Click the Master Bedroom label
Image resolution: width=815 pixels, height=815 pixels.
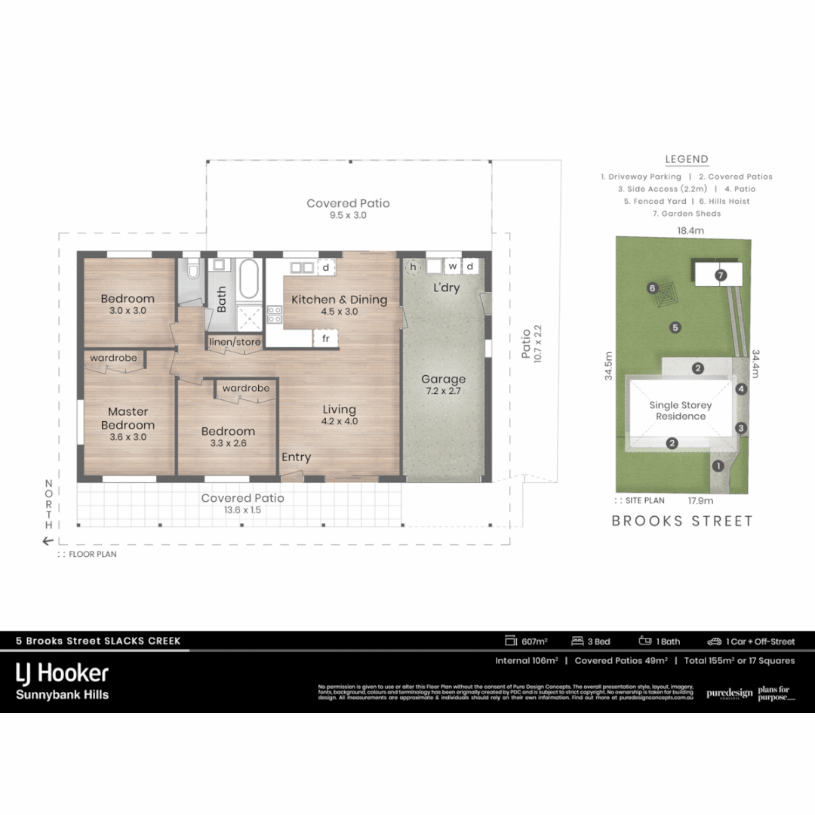pyautogui.click(x=128, y=424)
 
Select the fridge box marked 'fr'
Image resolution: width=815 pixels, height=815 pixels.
pyautogui.click(x=326, y=339)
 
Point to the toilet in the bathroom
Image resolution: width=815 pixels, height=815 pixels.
pyautogui.click(x=193, y=270)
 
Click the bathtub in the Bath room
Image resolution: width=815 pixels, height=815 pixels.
pyautogui.click(x=248, y=280)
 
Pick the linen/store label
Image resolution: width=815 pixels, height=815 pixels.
pyautogui.click(x=235, y=343)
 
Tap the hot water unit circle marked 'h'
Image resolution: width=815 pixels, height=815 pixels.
pyautogui.click(x=413, y=266)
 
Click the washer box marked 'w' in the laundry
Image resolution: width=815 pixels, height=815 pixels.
pyautogui.click(x=453, y=266)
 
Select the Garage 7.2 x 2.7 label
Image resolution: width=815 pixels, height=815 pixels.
pyautogui.click(x=443, y=385)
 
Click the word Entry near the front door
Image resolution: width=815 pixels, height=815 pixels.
pyautogui.click(x=296, y=457)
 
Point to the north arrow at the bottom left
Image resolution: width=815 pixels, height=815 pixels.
pyautogui.click(x=49, y=540)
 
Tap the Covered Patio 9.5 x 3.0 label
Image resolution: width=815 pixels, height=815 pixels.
pyautogui.click(x=348, y=209)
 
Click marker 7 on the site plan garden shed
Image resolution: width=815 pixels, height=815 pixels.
pyautogui.click(x=721, y=275)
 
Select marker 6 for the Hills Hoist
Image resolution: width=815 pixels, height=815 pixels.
pyautogui.click(x=653, y=288)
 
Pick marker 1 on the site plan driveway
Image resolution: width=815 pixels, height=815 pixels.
pyautogui.click(x=718, y=466)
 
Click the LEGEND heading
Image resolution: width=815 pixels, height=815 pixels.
pyautogui.click(x=687, y=159)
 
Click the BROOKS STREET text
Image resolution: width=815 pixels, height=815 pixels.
pyautogui.click(x=682, y=521)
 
